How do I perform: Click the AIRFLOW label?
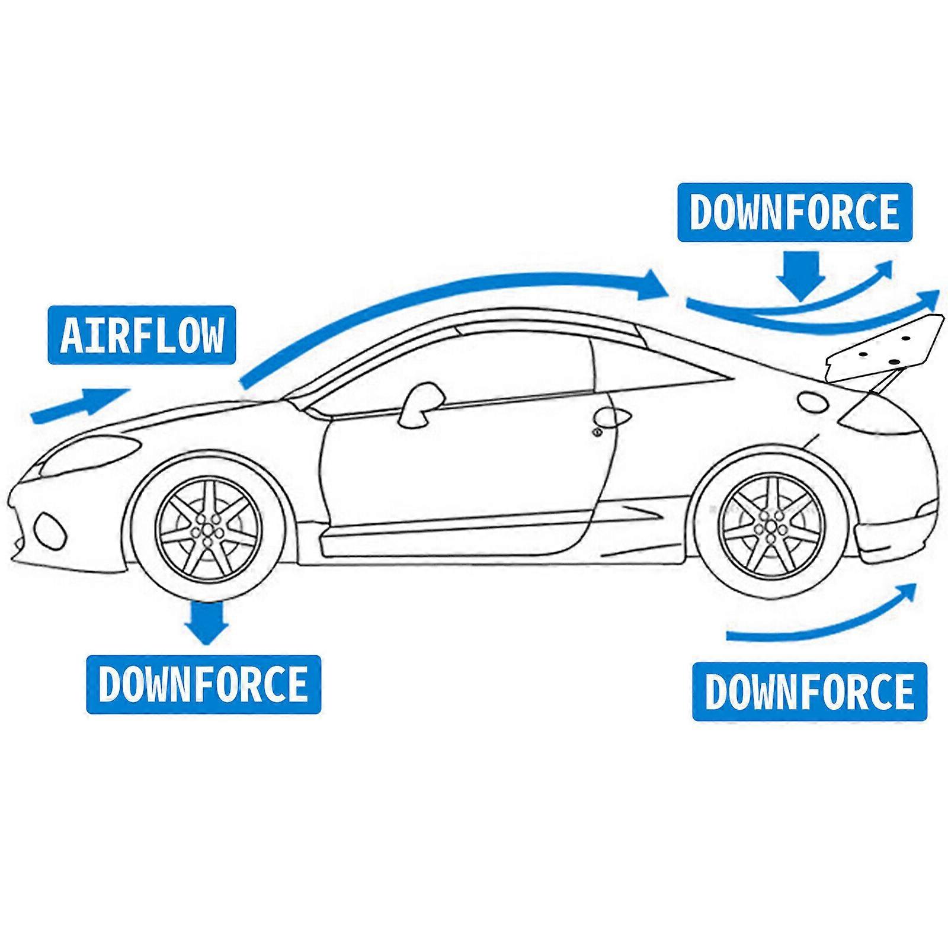tap(142, 335)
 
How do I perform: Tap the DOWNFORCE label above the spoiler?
tap(795, 212)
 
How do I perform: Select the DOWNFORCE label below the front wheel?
tap(203, 684)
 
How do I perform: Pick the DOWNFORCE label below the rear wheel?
tap(809, 691)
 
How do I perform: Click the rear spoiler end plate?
tap(883, 350)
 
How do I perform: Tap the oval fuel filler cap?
tap(813, 401)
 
